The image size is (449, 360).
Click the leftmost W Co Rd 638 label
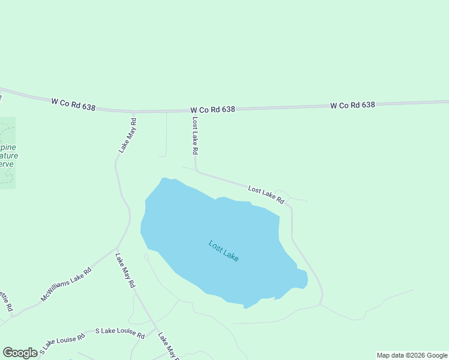(x=73, y=104)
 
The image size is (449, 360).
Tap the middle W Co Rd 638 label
(x=212, y=110)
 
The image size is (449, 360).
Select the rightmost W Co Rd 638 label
(x=352, y=105)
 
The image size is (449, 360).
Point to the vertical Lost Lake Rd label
(x=194, y=136)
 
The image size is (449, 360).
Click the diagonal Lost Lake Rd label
(x=265, y=194)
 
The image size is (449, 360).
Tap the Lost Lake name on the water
(x=224, y=250)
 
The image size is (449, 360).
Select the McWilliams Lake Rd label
(x=66, y=284)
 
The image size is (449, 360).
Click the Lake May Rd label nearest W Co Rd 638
(x=127, y=135)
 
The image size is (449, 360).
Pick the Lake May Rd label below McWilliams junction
(x=125, y=271)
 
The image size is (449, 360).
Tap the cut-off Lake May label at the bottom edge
(x=169, y=346)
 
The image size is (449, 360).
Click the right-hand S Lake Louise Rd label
(x=120, y=333)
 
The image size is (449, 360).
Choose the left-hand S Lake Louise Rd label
(x=59, y=344)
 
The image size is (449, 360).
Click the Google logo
(x=20, y=353)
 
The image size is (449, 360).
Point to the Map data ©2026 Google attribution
(x=412, y=355)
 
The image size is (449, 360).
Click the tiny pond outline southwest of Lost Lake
(x=146, y=257)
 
